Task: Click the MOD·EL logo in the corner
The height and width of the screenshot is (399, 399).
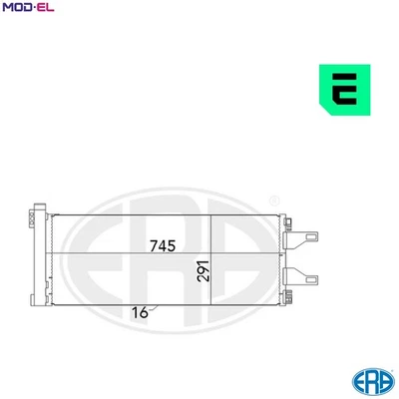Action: (28, 9)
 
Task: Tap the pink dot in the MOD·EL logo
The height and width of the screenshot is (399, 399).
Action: (32, 9)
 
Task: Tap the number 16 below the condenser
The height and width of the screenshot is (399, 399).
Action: (140, 313)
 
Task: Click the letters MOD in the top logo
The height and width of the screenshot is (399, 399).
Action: (16, 9)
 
